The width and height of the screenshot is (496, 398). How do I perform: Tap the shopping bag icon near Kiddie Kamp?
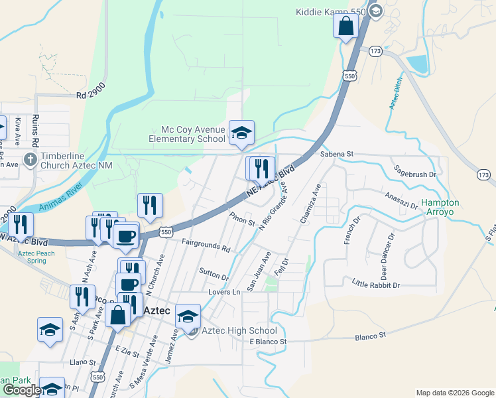coord(345,27)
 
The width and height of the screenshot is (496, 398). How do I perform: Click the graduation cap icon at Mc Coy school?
coord(241,132)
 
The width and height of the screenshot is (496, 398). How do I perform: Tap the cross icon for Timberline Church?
coord(29,160)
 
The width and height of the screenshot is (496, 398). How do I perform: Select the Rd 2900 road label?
coord(90,95)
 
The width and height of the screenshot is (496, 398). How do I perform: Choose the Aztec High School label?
coord(239,330)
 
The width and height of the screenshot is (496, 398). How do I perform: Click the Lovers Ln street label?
coord(223,292)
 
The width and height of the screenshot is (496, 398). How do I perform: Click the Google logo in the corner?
coord(21,389)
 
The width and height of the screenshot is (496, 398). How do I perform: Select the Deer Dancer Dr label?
coord(387,255)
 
